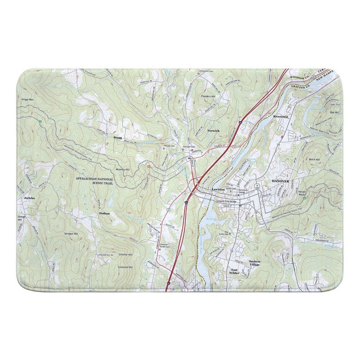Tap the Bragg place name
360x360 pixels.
[118, 136]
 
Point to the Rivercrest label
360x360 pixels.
[281, 117]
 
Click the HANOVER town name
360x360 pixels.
[280, 180]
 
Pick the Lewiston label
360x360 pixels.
[219, 190]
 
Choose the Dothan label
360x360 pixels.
[105, 213]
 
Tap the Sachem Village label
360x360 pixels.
[254, 264]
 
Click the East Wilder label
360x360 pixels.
[234, 271]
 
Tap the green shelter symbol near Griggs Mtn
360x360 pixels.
[40, 122]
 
